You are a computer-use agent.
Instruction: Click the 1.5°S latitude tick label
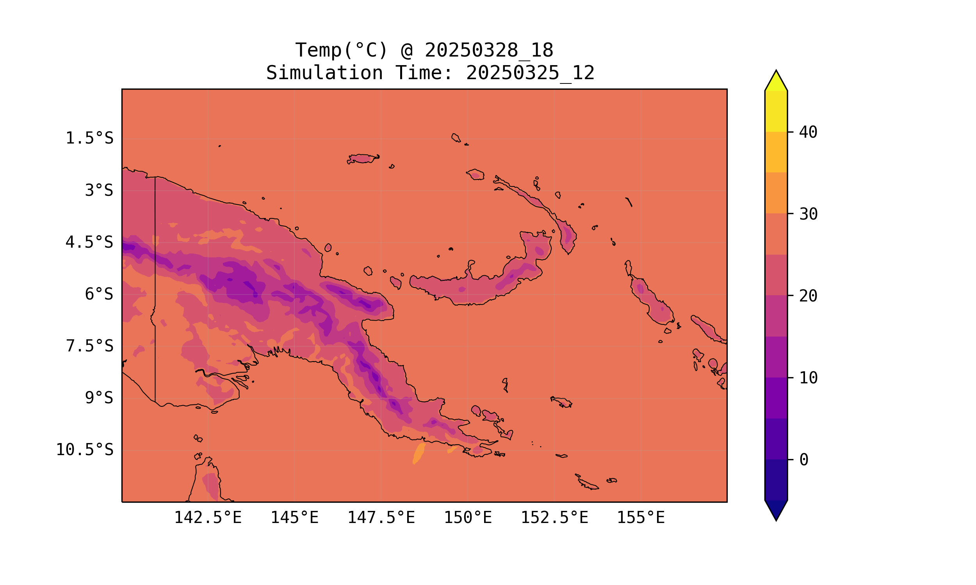coord(89,138)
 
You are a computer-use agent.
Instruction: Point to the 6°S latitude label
coord(99,294)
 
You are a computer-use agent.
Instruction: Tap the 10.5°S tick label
coord(84,450)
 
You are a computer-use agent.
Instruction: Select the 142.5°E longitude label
coord(208,518)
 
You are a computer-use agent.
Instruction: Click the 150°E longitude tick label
coord(468,518)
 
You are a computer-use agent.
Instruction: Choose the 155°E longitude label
coord(641,518)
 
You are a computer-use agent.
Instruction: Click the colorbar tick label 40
coord(808,132)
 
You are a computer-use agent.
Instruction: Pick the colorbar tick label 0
coord(803,460)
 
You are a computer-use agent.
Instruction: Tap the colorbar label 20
coord(808,296)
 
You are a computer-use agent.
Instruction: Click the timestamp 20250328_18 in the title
coord(489,50)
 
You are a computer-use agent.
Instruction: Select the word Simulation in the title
coord(324,73)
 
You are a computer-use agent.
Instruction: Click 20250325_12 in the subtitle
coord(530,73)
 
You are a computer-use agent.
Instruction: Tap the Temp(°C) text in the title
coord(341,50)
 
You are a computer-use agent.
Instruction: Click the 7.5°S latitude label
coord(89,346)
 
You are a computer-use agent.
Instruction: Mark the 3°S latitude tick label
coord(99,190)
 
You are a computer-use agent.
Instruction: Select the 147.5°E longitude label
coord(381,518)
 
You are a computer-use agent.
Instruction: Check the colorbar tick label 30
coord(808,214)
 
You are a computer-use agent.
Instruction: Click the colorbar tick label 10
coord(808,378)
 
